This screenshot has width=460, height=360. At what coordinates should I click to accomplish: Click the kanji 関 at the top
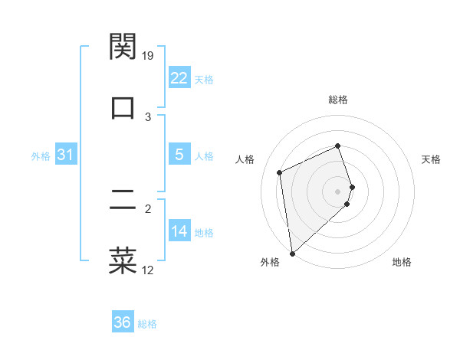(x=123, y=47)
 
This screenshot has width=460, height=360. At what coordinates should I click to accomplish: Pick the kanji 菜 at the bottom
(x=123, y=260)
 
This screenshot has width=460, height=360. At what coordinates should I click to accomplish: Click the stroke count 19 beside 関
(x=149, y=56)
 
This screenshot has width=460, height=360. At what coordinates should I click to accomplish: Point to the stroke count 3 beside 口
(x=149, y=116)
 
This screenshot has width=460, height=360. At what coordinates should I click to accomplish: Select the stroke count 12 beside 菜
(x=148, y=270)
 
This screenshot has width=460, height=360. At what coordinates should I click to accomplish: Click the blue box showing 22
(x=179, y=78)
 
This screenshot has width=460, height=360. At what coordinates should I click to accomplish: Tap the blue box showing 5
(x=179, y=155)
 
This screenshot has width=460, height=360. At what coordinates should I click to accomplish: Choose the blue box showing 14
(x=179, y=231)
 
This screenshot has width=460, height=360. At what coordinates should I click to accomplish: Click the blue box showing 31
(x=65, y=155)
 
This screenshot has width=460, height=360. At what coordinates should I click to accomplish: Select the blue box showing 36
(x=122, y=322)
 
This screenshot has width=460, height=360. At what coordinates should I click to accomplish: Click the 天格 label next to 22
(x=204, y=80)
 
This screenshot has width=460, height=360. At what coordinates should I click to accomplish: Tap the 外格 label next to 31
(x=41, y=156)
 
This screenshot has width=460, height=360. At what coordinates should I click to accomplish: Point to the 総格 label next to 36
(x=147, y=324)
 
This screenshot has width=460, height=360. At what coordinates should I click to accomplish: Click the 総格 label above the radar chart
(x=338, y=100)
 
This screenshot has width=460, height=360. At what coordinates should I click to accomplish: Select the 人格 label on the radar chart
(x=245, y=159)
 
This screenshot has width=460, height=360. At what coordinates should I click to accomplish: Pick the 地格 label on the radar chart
(x=402, y=262)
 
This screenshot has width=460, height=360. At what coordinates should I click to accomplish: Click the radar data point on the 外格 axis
(x=292, y=253)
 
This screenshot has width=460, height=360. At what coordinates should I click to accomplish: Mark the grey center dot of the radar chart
(x=338, y=190)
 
